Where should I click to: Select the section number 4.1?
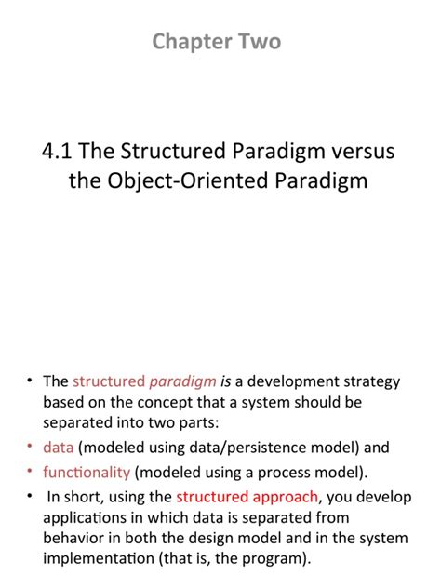point(60,150)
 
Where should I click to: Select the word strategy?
point(368,381)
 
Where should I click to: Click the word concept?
point(154,403)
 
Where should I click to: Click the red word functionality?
point(88,472)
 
